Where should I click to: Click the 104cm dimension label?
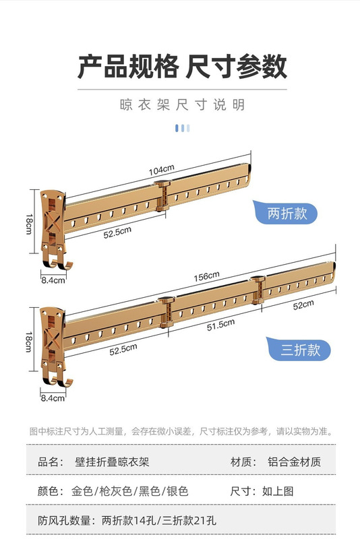click(x=162, y=170)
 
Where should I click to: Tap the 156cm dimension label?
click(x=206, y=276)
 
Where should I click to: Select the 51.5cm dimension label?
click(x=220, y=325)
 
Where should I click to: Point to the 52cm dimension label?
click(x=303, y=305)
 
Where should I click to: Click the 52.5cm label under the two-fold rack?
click(x=117, y=232)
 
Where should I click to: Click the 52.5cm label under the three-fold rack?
click(x=123, y=349)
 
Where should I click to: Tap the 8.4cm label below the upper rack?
click(x=53, y=280)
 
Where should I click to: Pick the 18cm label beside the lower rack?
click(x=29, y=342)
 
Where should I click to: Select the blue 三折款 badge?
click(x=299, y=349)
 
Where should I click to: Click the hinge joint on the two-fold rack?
click(x=162, y=195)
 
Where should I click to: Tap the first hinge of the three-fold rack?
click(x=167, y=312)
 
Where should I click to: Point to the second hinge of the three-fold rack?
click(x=258, y=290)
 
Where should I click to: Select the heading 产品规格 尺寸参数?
click(x=182, y=66)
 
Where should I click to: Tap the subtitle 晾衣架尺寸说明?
click(x=182, y=105)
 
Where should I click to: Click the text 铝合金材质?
click(x=294, y=462)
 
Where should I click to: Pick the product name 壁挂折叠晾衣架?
click(x=112, y=462)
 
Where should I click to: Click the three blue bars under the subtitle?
click(x=182, y=128)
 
